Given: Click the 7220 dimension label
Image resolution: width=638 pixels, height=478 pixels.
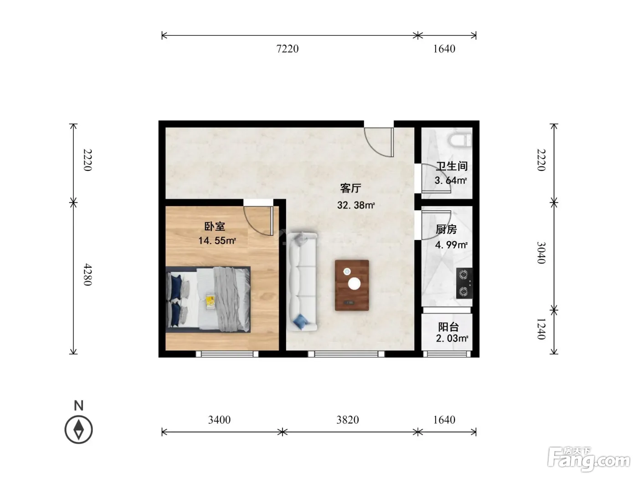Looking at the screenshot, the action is point(287,49).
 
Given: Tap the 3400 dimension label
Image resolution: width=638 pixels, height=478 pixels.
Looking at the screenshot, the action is point(219,420).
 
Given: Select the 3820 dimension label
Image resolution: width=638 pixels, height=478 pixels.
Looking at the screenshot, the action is point(348,420).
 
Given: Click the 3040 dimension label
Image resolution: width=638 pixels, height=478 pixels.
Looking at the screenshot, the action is point(541,253).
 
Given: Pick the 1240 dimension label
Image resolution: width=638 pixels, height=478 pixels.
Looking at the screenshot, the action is point(541,329).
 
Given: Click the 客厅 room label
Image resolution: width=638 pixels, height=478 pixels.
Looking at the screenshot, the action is point(350,188).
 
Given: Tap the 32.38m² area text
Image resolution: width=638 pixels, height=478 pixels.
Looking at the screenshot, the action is point(356,205).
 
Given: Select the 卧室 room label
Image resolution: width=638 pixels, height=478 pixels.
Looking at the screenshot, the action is point(215,226).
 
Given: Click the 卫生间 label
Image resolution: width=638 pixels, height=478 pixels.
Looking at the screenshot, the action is point(452,166).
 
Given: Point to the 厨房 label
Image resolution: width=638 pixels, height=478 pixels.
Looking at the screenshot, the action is point(446,229).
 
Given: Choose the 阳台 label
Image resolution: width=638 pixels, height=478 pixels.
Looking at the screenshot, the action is point(448,327).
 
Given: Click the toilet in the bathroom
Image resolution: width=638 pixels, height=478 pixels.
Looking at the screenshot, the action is point(460,140).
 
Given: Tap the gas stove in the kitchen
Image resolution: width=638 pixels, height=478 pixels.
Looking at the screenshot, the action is point(464,283).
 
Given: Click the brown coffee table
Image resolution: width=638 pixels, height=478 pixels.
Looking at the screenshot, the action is point(352,285).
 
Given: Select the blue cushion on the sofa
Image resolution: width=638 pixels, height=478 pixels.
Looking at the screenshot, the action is point(301,321).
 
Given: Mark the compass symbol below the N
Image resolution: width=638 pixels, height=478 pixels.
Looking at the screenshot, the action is point(78,430).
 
